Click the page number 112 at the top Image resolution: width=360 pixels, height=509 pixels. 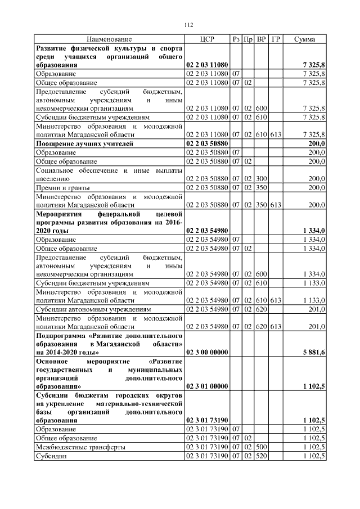point(189,24)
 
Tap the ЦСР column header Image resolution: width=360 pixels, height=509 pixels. point(208,39)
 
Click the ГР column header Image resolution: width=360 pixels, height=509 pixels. point(276,39)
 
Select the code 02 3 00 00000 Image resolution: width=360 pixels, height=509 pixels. point(206,352)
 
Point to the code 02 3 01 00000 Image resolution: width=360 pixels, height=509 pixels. point(206,387)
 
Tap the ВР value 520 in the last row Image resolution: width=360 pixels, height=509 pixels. point(261,456)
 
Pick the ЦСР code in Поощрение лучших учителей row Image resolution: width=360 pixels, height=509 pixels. point(206,144)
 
